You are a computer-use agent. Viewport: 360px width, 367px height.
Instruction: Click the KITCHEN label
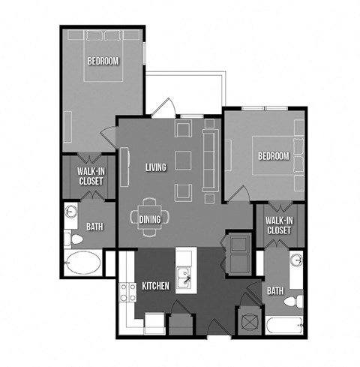pos(155,286)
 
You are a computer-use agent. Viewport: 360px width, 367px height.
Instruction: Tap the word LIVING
pos(156,167)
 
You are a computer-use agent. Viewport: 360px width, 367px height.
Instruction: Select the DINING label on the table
pos(150,219)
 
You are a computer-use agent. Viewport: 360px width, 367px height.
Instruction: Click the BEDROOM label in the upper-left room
pos(103,61)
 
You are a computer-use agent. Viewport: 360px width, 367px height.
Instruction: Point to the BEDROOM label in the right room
pos(274,156)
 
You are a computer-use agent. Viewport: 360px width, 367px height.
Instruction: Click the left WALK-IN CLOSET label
pos(91,176)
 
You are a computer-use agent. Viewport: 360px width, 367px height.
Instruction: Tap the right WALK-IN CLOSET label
pos(279,225)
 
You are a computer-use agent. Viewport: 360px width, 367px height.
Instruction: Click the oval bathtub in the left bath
pos(82,263)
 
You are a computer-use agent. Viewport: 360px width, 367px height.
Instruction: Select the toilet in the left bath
pos(73,239)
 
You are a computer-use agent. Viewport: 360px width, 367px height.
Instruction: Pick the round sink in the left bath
pos(71,212)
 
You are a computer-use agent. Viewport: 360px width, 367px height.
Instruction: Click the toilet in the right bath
pos(294,301)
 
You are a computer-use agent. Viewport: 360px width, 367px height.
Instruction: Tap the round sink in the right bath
pos(297,260)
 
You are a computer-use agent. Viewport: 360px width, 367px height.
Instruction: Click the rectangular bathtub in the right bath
pos(285,325)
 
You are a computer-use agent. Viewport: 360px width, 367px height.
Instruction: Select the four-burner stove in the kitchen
pos(127,292)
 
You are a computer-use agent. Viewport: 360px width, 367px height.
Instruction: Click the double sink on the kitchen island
pos(184,278)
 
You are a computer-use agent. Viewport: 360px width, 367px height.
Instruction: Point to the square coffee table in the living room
pos(183,161)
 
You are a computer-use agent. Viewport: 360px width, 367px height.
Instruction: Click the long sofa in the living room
pos(210,161)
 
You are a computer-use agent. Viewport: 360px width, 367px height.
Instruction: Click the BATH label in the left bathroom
pos(94,227)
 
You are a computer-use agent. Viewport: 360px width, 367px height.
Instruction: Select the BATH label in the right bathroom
pos(275,290)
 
